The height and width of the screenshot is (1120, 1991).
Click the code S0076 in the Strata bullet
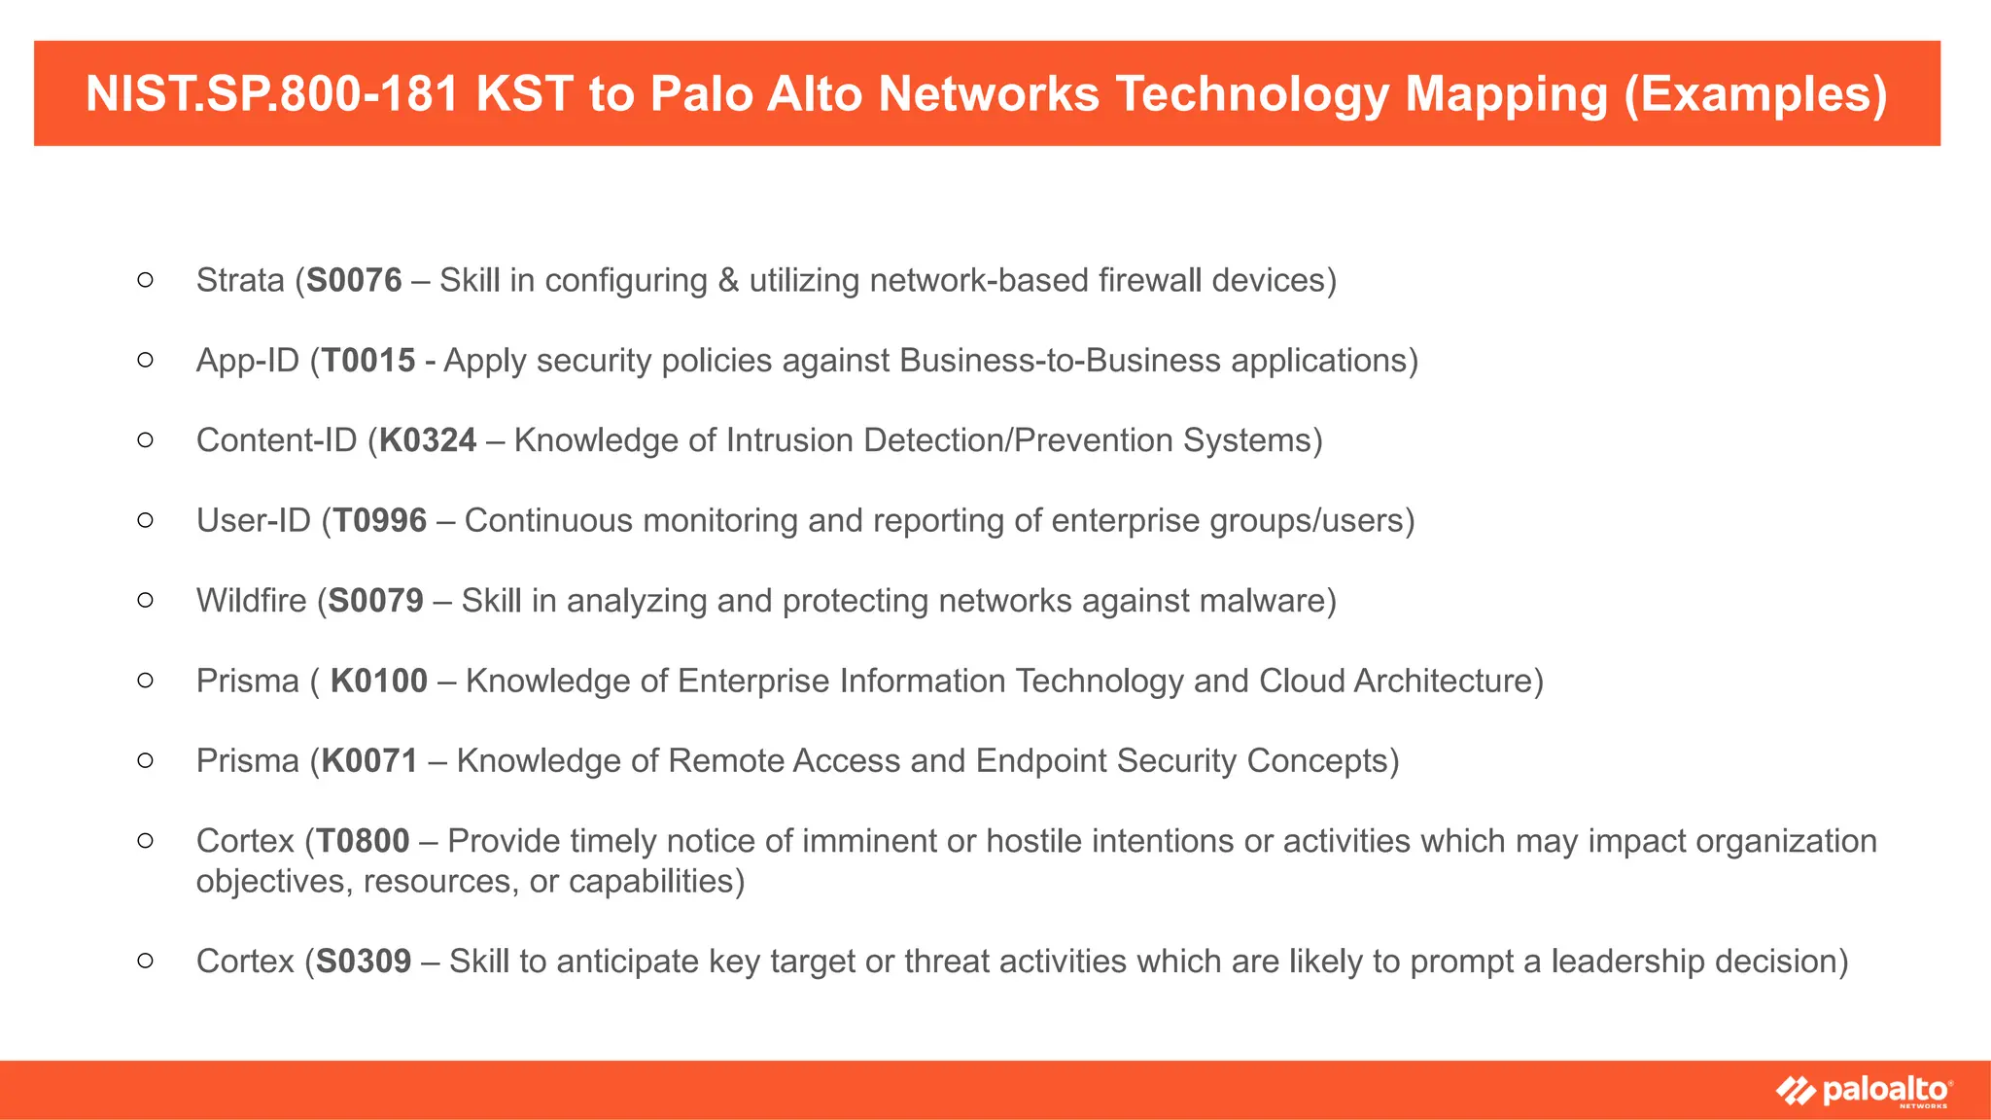point(354,280)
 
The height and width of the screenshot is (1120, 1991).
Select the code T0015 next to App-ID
point(368,361)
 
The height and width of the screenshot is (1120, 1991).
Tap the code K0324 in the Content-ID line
point(428,440)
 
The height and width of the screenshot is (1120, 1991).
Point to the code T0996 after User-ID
point(380,521)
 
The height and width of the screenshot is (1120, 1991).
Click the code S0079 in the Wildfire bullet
point(375,601)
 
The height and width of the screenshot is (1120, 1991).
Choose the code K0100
point(379,681)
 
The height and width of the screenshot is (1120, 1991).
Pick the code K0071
point(369,760)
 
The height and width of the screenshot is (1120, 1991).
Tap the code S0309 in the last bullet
point(364,962)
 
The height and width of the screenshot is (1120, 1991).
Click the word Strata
point(240,280)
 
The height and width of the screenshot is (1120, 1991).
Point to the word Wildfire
point(251,601)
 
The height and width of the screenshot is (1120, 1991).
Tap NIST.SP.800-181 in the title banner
point(272,94)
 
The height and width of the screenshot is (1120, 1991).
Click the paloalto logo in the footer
point(1864,1091)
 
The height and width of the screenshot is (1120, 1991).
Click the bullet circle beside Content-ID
point(145,440)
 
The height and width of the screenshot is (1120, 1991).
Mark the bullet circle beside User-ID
point(145,521)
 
